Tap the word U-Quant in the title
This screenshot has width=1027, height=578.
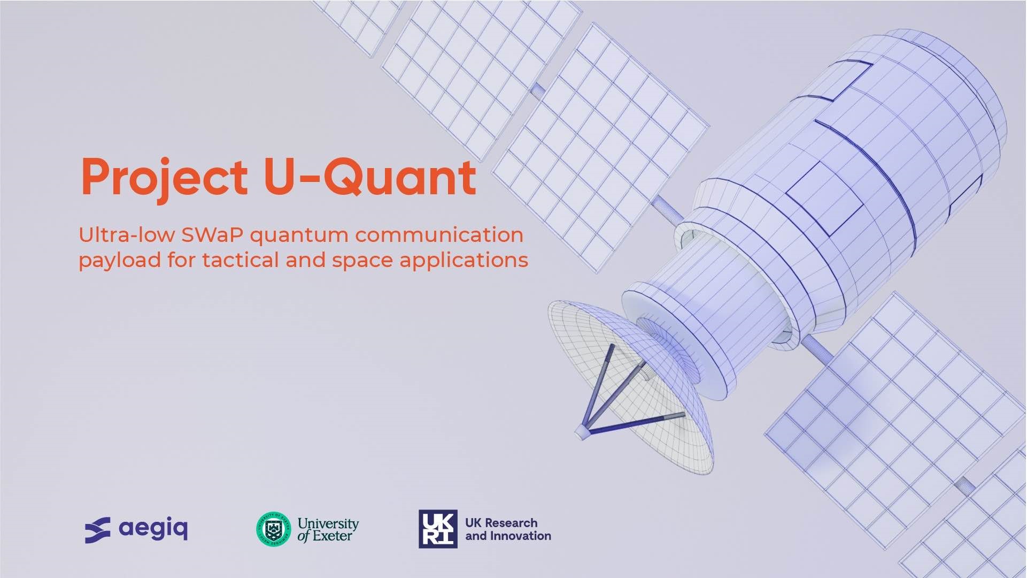point(369,177)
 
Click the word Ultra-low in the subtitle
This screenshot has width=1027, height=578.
point(127,235)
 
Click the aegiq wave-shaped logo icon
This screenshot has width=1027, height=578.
point(98,530)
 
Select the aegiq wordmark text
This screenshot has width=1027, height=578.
point(153,529)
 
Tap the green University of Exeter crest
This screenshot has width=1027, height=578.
point(274,529)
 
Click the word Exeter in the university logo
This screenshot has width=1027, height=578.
point(332,536)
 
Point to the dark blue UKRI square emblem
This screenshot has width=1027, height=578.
point(438,529)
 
